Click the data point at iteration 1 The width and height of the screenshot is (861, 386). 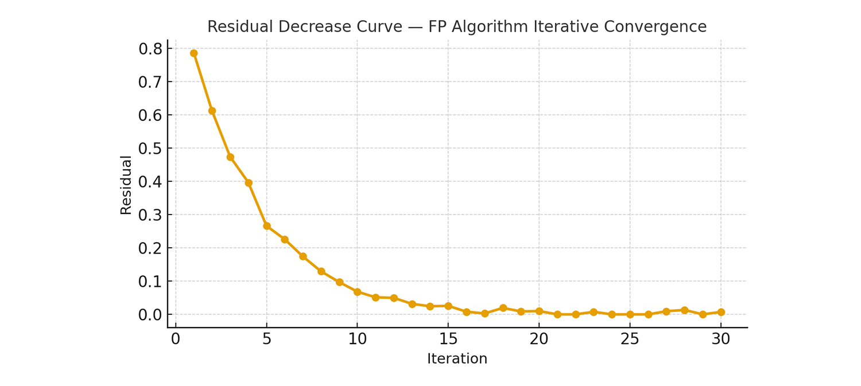pyautogui.click(x=194, y=53)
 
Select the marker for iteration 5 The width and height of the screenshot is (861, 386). pyautogui.click(x=267, y=226)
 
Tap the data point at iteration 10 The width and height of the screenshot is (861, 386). pyautogui.click(x=358, y=292)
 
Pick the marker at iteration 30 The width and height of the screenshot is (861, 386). pyautogui.click(x=721, y=312)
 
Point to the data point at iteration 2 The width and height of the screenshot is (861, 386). pyautogui.click(x=212, y=111)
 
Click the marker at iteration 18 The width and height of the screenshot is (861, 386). pyautogui.click(x=503, y=308)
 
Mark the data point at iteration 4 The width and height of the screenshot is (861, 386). pyautogui.click(x=249, y=183)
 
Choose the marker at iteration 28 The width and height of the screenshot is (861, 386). pyautogui.click(x=684, y=310)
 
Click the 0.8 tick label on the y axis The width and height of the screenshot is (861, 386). pyautogui.click(x=150, y=49)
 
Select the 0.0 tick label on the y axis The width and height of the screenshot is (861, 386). pyautogui.click(x=150, y=315)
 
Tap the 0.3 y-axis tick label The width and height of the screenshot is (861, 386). pyautogui.click(x=150, y=216)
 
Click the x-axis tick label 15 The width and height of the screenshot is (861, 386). pyautogui.click(x=448, y=340)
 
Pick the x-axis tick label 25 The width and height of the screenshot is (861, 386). pyautogui.click(x=630, y=340)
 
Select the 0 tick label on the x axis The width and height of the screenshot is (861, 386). pyautogui.click(x=176, y=340)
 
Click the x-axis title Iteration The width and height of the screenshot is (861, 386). pyautogui.click(x=457, y=359)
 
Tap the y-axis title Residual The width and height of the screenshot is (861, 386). pyautogui.click(x=126, y=185)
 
